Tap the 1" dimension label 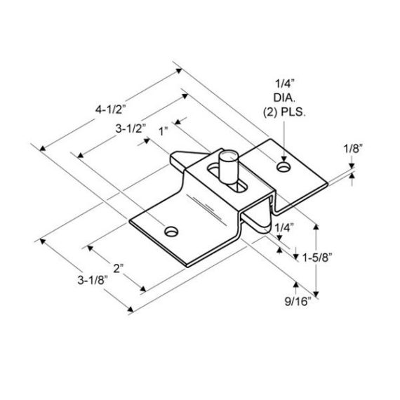[165, 131]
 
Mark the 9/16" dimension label [298, 302]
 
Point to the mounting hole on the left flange [171, 230]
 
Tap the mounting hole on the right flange [283, 168]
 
